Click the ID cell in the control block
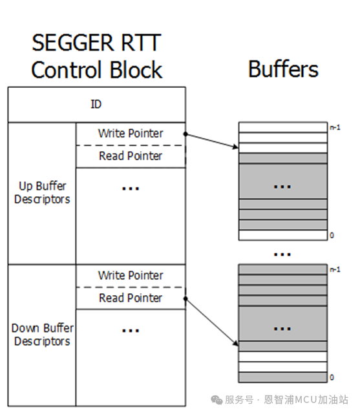96,105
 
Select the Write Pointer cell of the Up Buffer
131,134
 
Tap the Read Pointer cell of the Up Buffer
131,156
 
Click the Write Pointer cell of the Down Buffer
131,276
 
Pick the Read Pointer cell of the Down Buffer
131,298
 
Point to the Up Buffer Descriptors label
42,192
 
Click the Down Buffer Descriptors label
42,335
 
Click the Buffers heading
283,68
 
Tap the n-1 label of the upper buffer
334,127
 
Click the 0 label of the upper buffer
332,236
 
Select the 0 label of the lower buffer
332,377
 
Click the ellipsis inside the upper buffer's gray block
282,187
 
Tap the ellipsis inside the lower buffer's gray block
282,329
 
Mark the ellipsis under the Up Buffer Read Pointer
131,188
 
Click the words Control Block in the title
96,70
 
